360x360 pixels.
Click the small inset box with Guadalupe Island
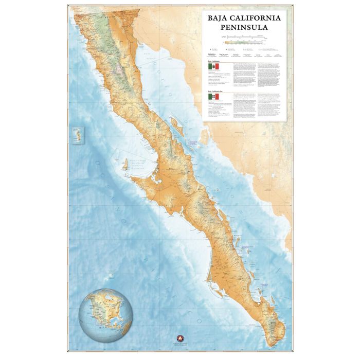click(x=79, y=135)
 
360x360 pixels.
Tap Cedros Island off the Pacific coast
click(x=123, y=165)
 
